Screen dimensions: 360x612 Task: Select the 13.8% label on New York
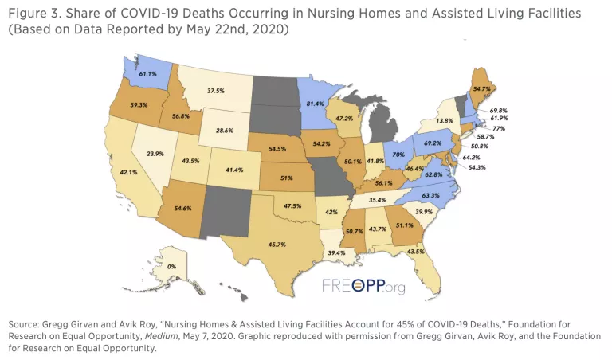445,120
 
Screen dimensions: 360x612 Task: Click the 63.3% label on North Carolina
432,195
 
